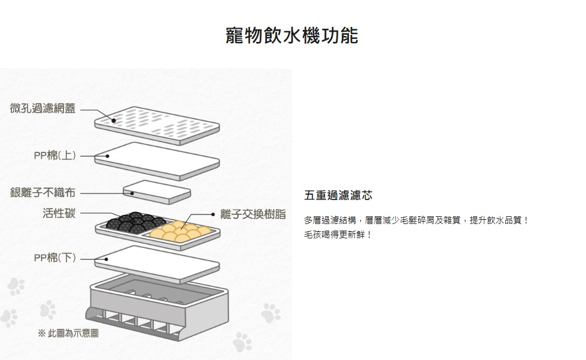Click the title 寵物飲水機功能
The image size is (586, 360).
(292, 35)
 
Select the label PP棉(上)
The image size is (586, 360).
(54, 156)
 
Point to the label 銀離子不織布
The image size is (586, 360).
(42, 193)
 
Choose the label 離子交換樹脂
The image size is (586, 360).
(253, 214)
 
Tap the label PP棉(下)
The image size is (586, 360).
(54, 258)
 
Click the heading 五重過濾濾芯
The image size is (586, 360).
(338, 196)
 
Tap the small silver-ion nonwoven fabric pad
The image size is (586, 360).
(157, 192)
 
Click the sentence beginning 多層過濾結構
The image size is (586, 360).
(417, 220)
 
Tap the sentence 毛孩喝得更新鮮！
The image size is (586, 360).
(338, 235)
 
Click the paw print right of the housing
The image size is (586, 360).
(271, 311)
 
